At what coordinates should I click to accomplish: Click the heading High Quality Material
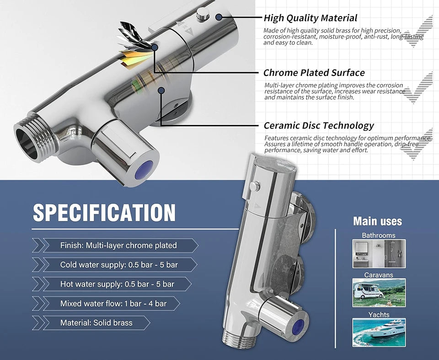tap(311, 18)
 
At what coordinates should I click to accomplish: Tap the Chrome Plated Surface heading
tap(314, 73)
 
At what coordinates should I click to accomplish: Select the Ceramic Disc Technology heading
tap(319, 125)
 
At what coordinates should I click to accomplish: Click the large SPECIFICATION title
tap(104, 213)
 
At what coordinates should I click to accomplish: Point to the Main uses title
tap(378, 221)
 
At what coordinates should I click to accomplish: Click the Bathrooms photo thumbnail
tap(379, 253)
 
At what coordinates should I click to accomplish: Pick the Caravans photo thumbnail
tap(379, 293)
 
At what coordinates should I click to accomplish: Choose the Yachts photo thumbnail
tap(379, 333)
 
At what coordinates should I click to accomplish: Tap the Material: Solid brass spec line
tap(96, 323)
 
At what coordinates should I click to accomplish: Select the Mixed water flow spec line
tap(113, 303)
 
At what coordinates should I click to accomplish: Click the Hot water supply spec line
tap(118, 284)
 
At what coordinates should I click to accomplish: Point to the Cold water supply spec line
tap(119, 265)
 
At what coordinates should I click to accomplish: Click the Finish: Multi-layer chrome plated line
tap(118, 246)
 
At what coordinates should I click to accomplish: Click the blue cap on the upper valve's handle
tap(144, 170)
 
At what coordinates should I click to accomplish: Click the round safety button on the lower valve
tap(255, 186)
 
